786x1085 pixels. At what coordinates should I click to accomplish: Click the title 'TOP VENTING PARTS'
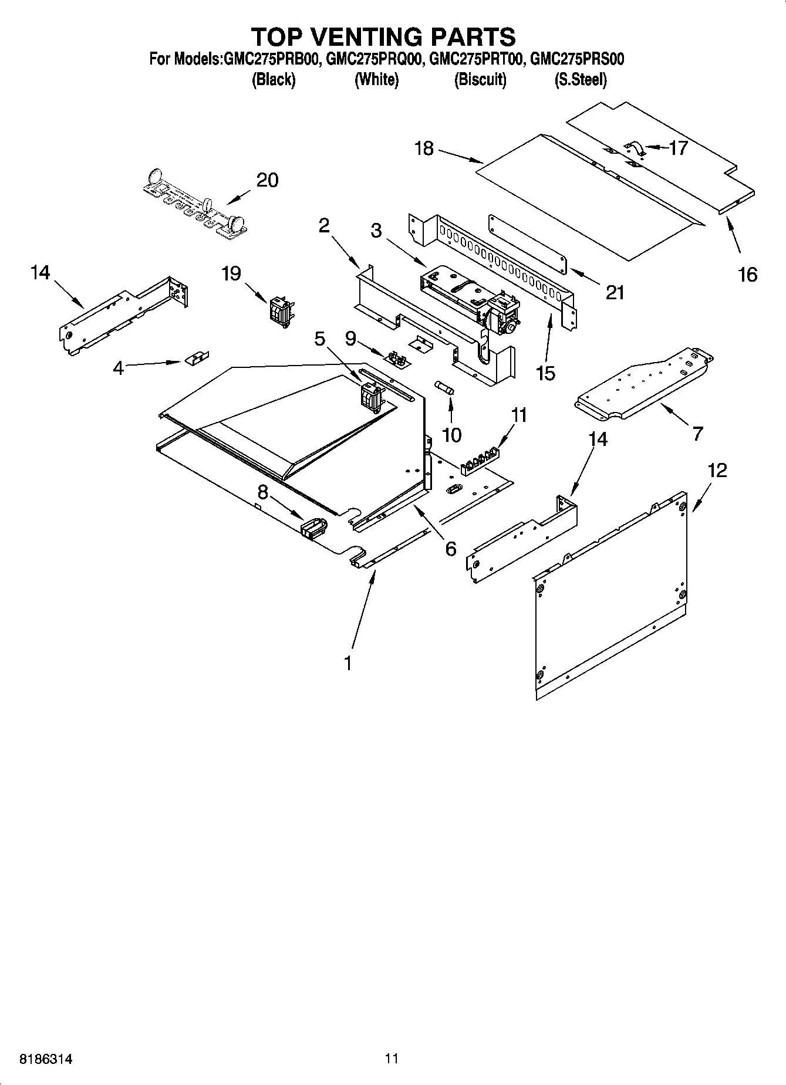tap(383, 36)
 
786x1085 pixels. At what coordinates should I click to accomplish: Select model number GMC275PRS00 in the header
tap(576, 59)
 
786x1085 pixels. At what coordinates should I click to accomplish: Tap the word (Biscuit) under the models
tap(480, 80)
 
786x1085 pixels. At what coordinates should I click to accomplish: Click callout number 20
tap(267, 180)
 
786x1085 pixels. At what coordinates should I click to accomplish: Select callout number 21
tap(615, 292)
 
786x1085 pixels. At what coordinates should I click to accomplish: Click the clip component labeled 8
tap(313, 528)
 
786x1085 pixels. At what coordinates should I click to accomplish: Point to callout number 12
tap(717, 470)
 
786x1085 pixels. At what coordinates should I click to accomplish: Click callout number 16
tap(747, 274)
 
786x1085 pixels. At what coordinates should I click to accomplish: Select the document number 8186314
tap(46, 1059)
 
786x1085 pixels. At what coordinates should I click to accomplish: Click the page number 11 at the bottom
tap(392, 1059)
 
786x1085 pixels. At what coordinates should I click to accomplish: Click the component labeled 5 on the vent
tap(370, 396)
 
